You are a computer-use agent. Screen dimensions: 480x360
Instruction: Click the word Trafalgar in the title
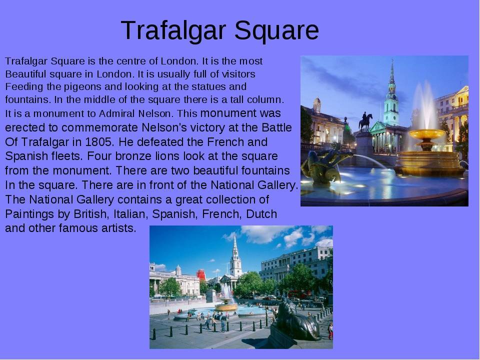point(173,30)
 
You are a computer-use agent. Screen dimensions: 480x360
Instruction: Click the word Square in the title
point(276,31)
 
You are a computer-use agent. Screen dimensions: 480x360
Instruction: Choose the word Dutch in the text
point(261,214)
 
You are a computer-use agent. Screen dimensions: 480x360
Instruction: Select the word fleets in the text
point(67,156)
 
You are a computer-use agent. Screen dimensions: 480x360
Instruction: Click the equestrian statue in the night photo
point(365,121)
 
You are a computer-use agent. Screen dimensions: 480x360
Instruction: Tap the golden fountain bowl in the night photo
point(426,134)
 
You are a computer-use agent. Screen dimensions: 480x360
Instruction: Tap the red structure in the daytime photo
point(201,274)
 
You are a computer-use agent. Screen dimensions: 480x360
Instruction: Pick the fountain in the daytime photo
point(226,301)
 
